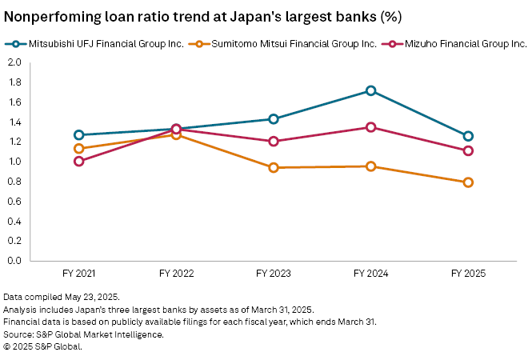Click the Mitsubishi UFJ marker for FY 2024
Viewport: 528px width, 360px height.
click(x=370, y=91)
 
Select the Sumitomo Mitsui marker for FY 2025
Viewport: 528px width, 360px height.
click(x=468, y=182)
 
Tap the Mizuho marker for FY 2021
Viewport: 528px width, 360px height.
click(x=78, y=161)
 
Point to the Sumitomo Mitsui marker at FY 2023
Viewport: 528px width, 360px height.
click(x=274, y=167)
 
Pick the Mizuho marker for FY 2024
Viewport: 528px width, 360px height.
click(x=370, y=127)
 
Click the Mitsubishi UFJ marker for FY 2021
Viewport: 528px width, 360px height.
click(x=78, y=135)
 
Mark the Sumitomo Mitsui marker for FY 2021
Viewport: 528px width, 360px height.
click(x=78, y=149)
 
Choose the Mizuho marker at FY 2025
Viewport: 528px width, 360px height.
click(x=468, y=150)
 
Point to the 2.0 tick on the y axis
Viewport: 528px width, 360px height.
click(x=14, y=62)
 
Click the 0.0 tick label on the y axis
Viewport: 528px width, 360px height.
click(x=14, y=261)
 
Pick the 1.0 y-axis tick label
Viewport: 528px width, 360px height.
click(x=14, y=162)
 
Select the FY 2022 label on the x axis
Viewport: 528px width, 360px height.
click(x=176, y=274)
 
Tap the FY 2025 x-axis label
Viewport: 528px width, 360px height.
click(x=468, y=274)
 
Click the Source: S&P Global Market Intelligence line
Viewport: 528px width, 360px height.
click(x=83, y=334)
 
